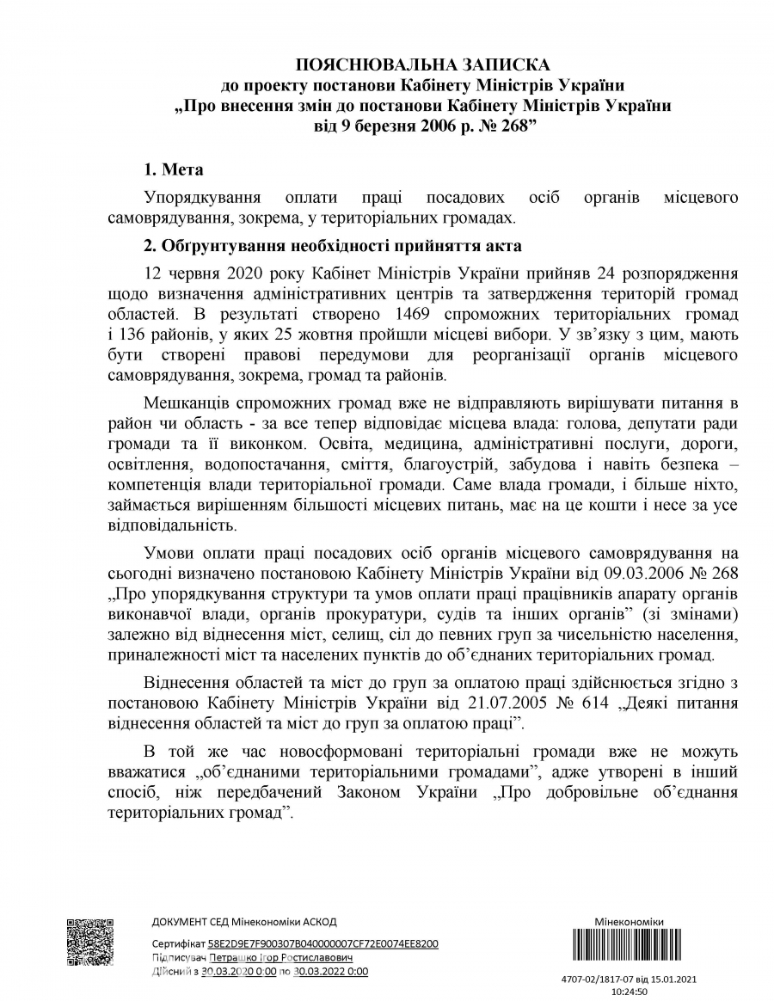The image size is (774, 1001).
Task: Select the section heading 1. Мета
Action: (174, 169)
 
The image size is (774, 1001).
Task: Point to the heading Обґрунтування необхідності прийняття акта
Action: (332, 246)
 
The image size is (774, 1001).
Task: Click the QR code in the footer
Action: (90, 943)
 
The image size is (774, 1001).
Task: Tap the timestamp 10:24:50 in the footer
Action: (629, 991)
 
